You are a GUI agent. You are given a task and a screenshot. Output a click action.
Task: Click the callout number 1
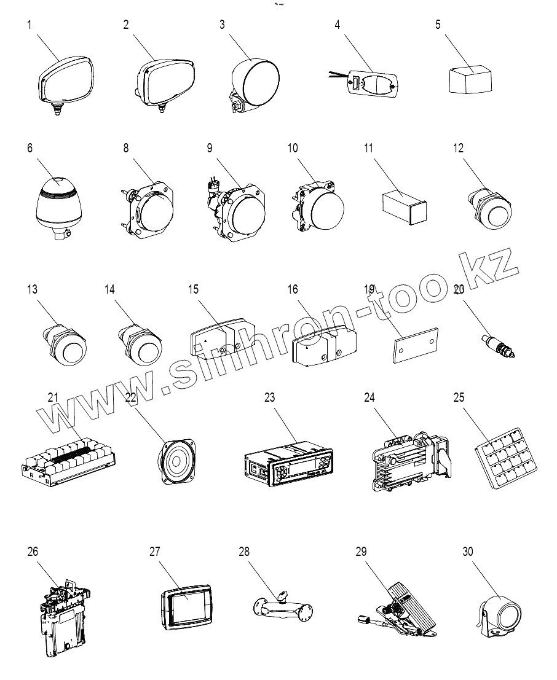(29, 25)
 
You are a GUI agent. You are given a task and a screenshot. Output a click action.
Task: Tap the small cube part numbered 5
(470, 80)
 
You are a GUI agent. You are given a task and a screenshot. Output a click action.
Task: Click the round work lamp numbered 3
(255, 82)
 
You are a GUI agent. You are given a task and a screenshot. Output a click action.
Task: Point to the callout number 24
(369, 397)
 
